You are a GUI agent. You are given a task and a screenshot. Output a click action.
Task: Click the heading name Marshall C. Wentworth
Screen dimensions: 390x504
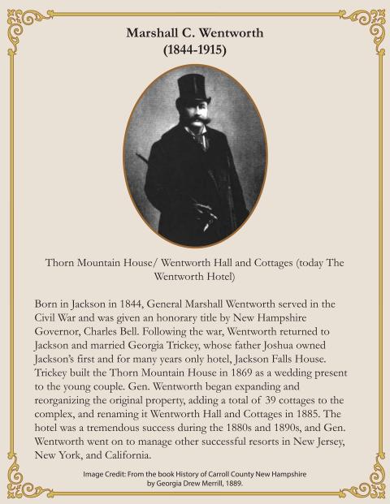click(x=195, y=33)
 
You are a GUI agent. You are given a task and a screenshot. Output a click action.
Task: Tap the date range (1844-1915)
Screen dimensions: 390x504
click(x=195, y=50)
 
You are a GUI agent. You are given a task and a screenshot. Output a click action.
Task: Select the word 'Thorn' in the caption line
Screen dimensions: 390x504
click(x=61, y=263)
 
